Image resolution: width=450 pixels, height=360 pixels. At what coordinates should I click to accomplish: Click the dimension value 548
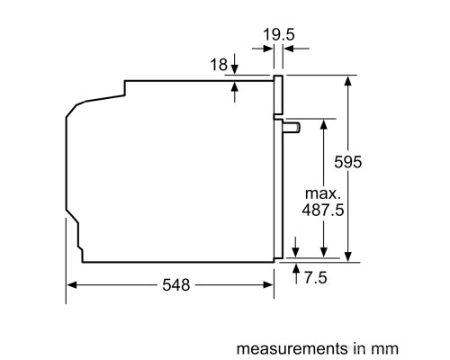tap(176, 285)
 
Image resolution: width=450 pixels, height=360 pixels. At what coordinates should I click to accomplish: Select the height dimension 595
tap(372, 162)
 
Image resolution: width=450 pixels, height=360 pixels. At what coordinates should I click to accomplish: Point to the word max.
tap(321, 193)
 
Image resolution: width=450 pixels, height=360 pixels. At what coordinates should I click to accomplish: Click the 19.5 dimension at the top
tap(279, 37)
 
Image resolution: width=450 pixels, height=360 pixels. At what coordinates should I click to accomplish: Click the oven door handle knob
tap(292, 129)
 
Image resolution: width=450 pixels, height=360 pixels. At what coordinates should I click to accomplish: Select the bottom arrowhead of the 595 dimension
tap(348, 256)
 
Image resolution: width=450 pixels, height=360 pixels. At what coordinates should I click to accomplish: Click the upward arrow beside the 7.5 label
tap(296, 270)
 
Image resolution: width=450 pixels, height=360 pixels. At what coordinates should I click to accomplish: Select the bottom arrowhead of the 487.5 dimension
tap(321, 256)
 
